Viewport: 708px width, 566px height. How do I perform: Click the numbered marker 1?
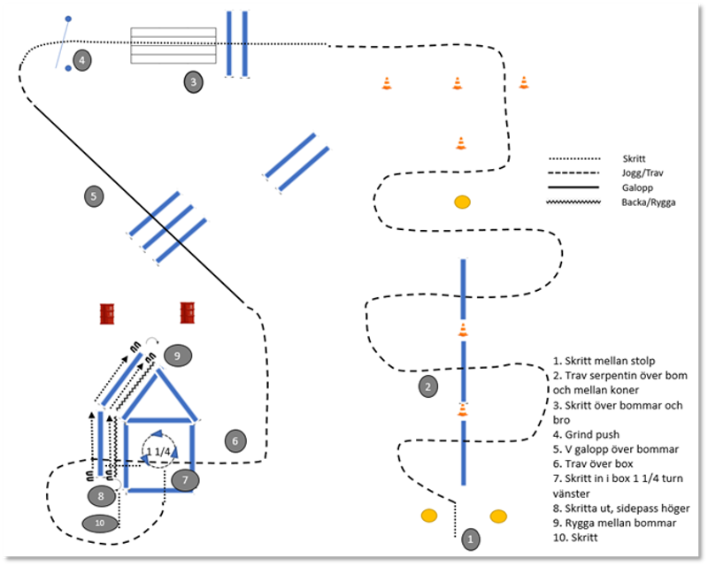471,537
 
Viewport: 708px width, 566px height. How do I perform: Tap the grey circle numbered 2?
427,386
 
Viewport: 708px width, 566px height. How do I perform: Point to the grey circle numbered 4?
81,61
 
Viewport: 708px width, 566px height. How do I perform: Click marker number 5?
93,195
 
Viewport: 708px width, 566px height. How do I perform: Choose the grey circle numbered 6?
235,440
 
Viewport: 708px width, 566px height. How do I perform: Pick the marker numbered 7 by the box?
184,480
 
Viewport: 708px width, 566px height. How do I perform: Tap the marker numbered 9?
177,356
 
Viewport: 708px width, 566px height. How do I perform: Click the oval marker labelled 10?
99,523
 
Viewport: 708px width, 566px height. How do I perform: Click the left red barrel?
108,313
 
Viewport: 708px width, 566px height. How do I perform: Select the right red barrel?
188,312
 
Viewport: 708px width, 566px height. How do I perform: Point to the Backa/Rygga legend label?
637,203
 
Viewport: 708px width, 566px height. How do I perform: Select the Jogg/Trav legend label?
635,173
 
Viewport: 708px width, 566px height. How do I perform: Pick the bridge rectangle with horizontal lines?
173,46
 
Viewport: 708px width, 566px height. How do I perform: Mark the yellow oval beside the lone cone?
461,203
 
